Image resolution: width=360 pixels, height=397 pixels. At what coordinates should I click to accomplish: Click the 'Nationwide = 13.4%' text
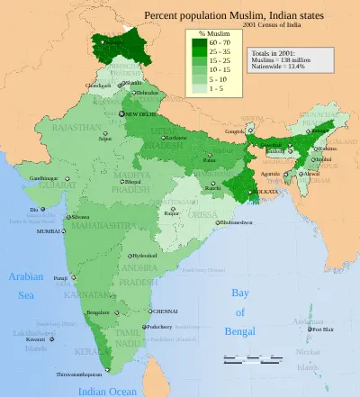coord(283,66)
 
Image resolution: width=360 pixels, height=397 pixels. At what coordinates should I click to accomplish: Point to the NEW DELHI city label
coord(141,115)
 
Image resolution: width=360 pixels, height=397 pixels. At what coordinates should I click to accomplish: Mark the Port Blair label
coord(322,329)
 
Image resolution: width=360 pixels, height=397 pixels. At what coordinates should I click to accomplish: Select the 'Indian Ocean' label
coord(108,391)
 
